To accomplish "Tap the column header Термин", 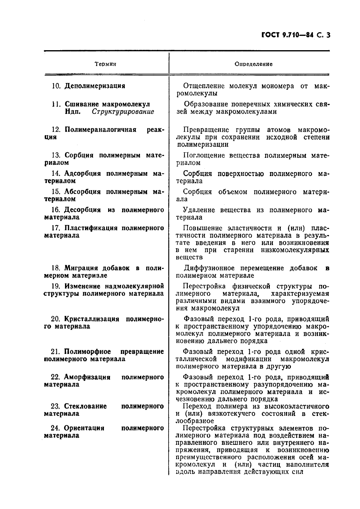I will pyautogui.click(x=105, y=64).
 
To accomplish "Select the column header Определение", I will pyautogui.click(x=253, y=64).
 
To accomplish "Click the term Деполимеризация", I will pyautogui.click(x=95, y=86).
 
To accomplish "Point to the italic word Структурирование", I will pyautogui.click(x=123, y=112).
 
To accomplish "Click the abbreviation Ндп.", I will pyautogui.click(x=72, y=112).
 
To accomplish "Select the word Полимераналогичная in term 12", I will pyautogui.click(x=100, y=130).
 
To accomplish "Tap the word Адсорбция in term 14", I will pyautogui.click(x=82, y=174).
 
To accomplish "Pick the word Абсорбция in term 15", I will pyautogui.click(x=82, y=192).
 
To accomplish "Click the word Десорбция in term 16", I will pyautogui.click(x=82, y=210).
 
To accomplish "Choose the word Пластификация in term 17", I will pyautogui.click(x=91, y=228).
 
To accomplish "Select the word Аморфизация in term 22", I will pyautogui.click(x=87, y=377).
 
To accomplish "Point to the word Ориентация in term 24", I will pyautogui.click(x=84, y=428).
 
